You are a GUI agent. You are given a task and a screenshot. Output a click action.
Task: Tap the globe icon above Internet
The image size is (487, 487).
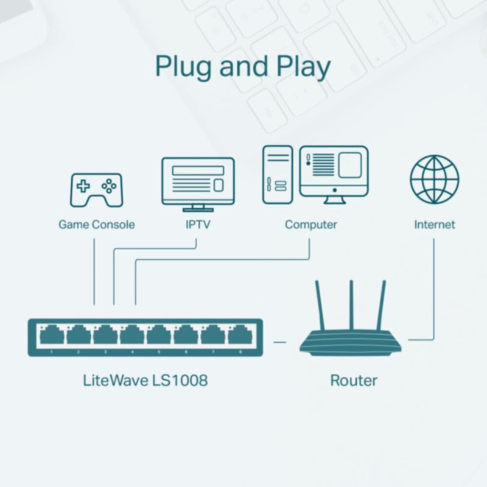coord(434,180)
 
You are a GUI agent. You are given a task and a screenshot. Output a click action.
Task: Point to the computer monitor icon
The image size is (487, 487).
coord(334,172)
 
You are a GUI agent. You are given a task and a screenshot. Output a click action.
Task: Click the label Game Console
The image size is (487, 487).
coord(96,225)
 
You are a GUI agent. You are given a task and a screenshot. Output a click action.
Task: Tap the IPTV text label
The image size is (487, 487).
coord(197,225)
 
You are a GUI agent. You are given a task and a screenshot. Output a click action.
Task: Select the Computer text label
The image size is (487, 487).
coord(310,225)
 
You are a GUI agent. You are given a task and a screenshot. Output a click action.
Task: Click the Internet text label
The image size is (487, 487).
coord(434,225)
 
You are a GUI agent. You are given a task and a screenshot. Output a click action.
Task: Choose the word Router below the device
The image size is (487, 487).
coord(354,381)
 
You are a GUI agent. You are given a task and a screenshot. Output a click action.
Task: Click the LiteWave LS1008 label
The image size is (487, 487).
coord(145,381)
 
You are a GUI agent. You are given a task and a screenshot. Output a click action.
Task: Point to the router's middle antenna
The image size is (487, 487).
coord(351,306)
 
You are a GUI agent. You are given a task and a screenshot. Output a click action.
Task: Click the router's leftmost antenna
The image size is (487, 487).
coord(321,307)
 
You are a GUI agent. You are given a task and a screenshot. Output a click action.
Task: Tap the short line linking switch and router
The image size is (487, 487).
coord(279,342)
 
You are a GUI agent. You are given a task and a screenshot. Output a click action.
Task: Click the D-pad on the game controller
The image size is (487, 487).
coord(82,186)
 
